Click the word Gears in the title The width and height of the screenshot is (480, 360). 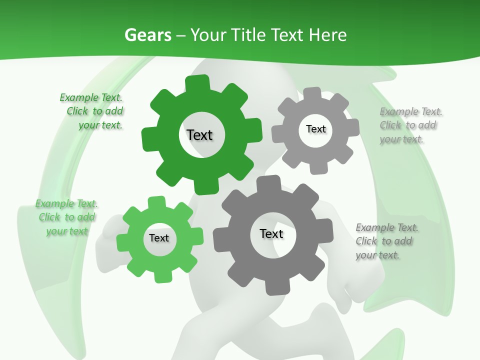147,35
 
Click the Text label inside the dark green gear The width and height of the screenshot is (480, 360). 199,135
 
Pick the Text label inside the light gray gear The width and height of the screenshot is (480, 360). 315,129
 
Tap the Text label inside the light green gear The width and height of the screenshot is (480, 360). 159,238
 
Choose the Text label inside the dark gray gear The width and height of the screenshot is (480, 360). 271,233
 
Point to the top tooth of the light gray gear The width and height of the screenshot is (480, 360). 312,94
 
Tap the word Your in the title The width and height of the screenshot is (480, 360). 208,35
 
